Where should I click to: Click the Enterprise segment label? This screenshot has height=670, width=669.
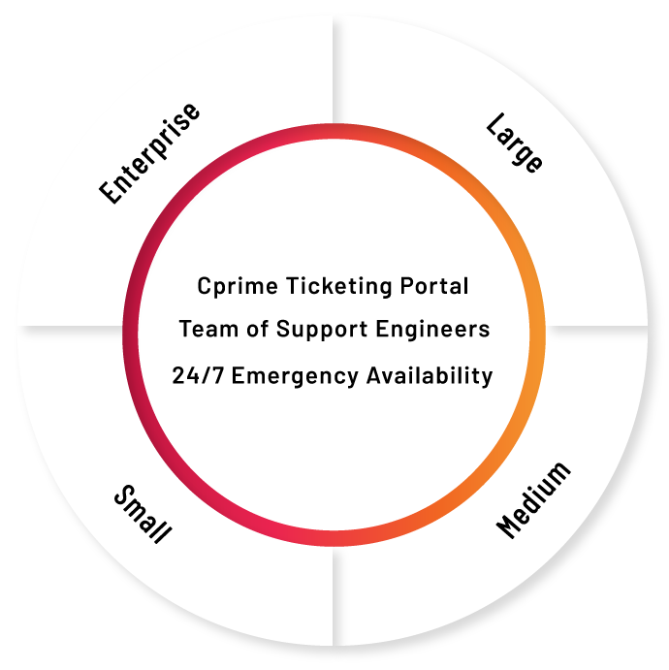tap(149, 153)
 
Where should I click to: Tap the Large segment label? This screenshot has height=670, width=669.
tap(515, 144)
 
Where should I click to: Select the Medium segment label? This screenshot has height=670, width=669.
tap(533, 500)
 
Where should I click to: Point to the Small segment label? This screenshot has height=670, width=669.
tap(143, 514)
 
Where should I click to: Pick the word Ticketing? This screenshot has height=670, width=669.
tap(338, 286)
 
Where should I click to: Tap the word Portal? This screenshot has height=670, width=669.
tap(434, 286)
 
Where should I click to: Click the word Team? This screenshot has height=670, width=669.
tap(208, 329)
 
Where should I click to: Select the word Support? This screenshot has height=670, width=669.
tap(322, 330)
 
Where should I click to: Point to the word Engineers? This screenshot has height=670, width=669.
tap(432, 330)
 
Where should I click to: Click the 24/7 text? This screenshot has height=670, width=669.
tap(198, 375)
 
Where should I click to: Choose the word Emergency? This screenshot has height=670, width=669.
tap(295, 376)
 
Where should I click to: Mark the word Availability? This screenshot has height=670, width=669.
tap(430, 376)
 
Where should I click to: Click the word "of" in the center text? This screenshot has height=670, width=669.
tap(257, 329)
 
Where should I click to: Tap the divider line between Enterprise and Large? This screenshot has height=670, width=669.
tap(334, 70)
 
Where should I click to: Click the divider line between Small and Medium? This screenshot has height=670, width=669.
tap(334, 596)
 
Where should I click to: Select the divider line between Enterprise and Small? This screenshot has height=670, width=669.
tap(71, 327)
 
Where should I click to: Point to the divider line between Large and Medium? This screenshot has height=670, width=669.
tap(596, 327)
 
